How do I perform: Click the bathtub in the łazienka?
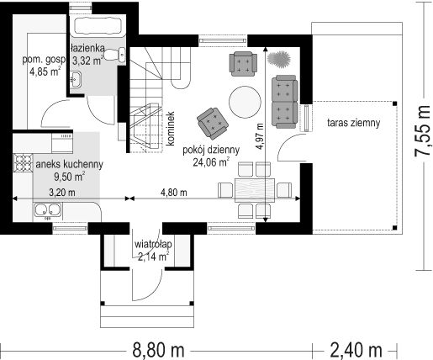click(98, 26)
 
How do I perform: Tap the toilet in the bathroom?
click(115, 55)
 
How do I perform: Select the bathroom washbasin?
click(75, 79)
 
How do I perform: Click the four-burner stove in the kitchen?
click(23, 163)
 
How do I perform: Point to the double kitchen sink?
click(48, 210)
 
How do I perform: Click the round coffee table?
click(245, 103)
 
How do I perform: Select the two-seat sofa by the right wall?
click(284, 102)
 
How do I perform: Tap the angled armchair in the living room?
click(213, 124)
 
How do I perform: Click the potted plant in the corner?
click(278, 59)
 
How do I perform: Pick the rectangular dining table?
click(255, 190)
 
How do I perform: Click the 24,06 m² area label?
click(211, 162)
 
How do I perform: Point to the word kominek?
click(171, 129)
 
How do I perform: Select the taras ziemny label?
click(354, 123)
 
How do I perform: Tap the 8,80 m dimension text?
click(158, 350)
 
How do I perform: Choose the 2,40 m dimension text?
click(356, 350)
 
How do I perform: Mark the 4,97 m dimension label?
click(261, 136)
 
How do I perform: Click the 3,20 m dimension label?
click(62, 193)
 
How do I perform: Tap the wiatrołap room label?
click(153, 245)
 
